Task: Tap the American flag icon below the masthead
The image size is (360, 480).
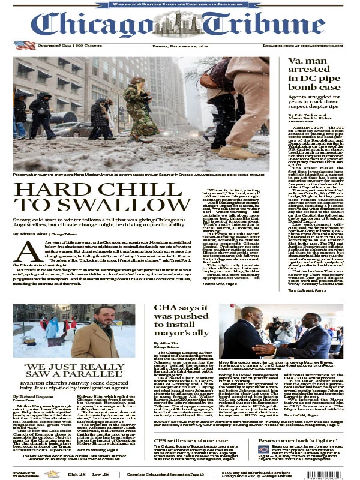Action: click(25, 45)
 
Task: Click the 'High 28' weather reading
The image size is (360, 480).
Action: click(77, 475)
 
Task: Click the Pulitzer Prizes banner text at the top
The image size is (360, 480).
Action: click(180, 4)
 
